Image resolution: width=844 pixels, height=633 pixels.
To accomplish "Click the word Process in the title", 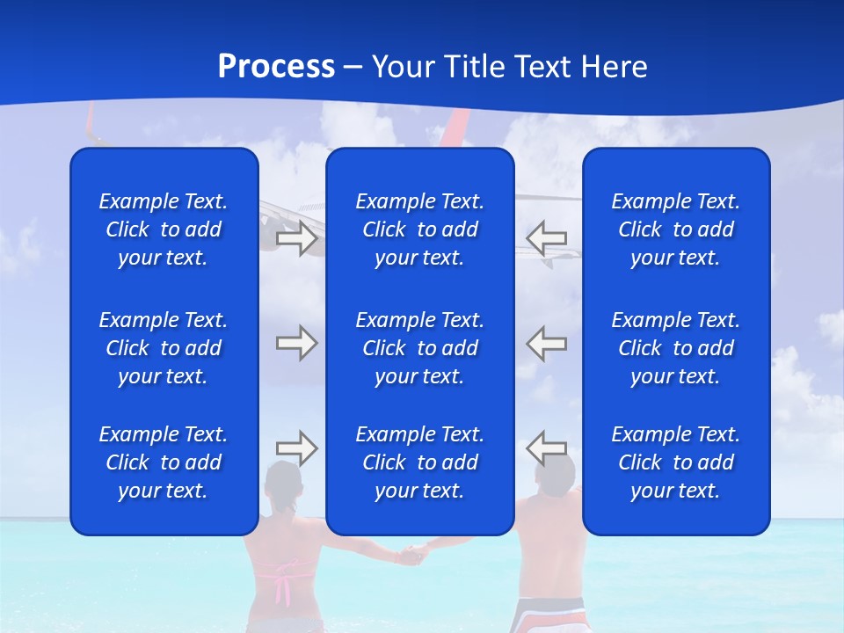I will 276,67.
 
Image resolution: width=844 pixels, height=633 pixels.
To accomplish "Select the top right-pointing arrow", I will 296,237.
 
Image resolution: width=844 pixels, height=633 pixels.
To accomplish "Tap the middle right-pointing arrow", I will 296,343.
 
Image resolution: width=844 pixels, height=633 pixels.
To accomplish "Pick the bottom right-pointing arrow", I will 296,448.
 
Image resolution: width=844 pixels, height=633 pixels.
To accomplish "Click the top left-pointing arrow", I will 547,237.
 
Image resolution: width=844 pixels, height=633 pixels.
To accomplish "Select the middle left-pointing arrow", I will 547,343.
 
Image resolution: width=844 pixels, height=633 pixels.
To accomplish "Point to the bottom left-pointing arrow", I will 547,448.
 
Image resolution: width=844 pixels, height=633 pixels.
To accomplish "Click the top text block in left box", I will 164,229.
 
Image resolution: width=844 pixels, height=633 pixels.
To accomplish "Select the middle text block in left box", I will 164,348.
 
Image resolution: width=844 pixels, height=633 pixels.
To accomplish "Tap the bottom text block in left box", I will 164,462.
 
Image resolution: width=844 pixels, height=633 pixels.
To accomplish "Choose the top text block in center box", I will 420,229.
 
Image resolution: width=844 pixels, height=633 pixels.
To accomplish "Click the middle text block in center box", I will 420,348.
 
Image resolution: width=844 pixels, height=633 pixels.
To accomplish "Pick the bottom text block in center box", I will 420,462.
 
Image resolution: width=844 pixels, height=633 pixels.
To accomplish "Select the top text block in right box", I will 676,229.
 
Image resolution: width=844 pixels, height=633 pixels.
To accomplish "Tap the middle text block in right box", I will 676,348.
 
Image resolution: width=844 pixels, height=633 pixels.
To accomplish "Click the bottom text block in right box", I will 676,462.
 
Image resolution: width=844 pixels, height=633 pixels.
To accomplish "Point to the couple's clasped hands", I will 413,554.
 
